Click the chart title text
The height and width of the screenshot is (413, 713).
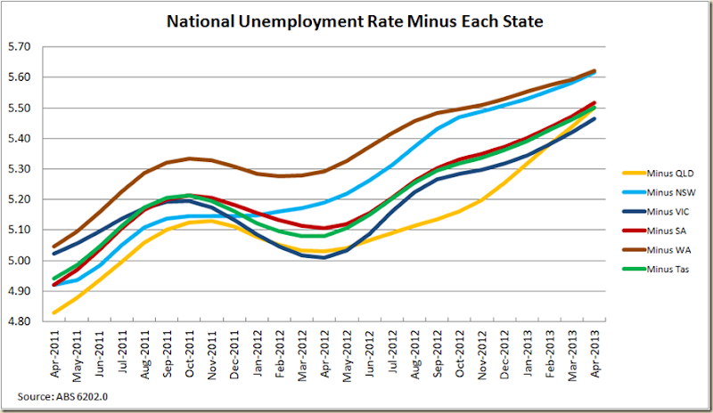pyautogui.click(x=356, y=20)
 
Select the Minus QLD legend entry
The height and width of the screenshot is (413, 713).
pyautogui.click(x=656, y=173)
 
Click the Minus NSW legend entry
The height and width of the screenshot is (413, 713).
pyautogui.click(x=656, y=192)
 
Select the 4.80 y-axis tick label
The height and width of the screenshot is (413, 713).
pyautogui.click(x=18, y=321)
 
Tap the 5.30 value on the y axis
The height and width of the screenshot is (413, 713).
pyautogui.click(x=18, y=168)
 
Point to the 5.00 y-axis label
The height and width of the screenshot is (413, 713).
pyautogui.click(x=18, y=260)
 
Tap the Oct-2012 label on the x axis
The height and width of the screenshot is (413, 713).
pyautogui.click(x=457, y=351)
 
